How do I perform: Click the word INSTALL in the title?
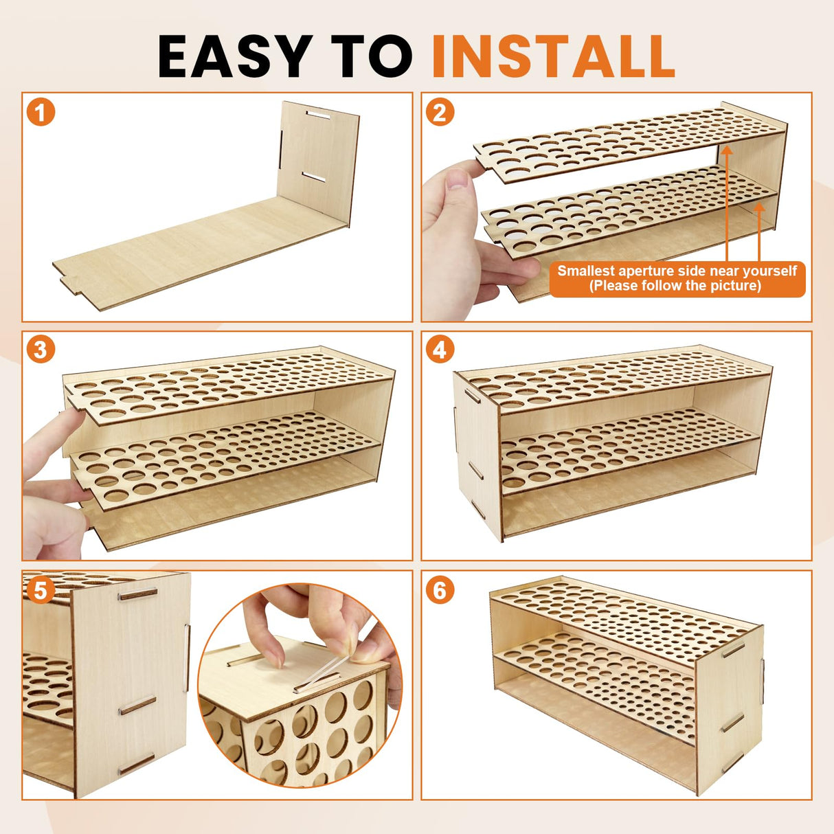tap(553, 56)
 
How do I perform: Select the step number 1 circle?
tap(41, 112)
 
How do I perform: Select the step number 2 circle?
tap(440, 112)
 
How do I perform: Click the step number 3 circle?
tap(41, 350)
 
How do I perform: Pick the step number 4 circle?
tap(440, 350)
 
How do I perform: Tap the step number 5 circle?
tap(41, 590)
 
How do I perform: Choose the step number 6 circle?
tap(440, 590)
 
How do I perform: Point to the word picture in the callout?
tap(736, 286)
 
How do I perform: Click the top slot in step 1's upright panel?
tap(317, 115)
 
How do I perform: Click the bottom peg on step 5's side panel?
tap(136, 763)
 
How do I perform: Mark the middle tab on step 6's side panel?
tap(732, 723)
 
